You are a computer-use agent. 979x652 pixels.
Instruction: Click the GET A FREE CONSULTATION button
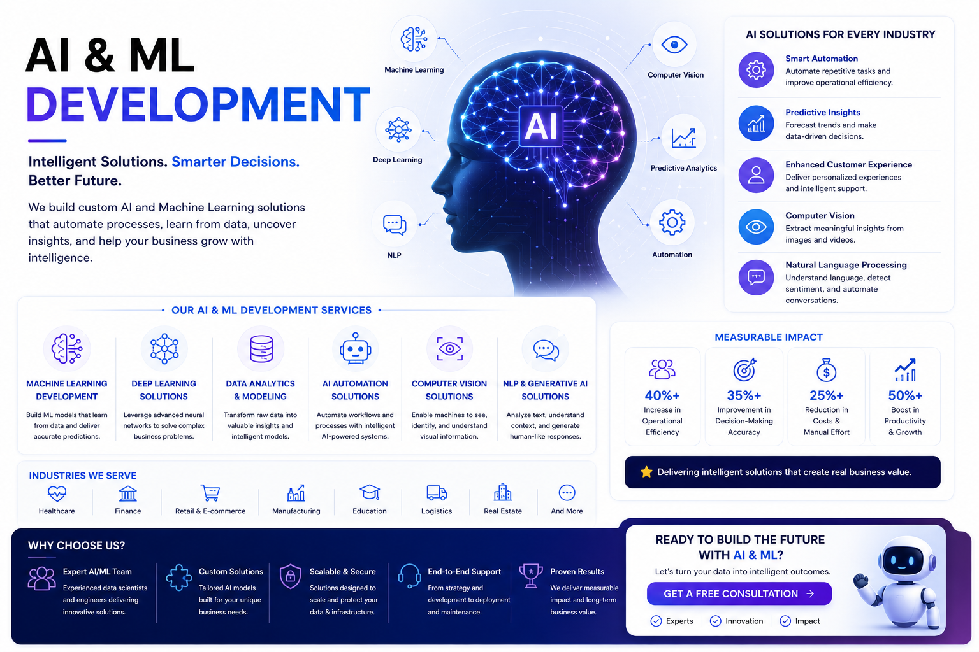click(x=739, y=593)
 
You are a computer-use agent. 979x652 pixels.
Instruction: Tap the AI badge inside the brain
click(x=540, y=126)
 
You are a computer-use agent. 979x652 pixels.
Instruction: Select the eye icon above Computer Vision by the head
click(x=674, y=45)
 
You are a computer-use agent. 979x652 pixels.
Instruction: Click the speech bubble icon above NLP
click(x=395, y=225)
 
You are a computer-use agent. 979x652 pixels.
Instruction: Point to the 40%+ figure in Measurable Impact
click(x=662, y=395)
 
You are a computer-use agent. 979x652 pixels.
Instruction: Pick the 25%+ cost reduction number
click(x=827, y=395)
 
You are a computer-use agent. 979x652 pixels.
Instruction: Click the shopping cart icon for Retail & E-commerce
click(x=210, y=493)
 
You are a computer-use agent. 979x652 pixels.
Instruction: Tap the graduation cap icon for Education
click(x=370, y=493)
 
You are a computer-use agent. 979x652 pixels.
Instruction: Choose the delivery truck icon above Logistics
click(x=437, y=493)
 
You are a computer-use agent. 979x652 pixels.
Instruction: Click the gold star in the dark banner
click(x=646, y=472)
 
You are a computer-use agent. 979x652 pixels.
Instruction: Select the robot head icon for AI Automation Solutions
click(x=355, y=348)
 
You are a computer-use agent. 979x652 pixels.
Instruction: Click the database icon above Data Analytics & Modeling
click(x=261, y=348)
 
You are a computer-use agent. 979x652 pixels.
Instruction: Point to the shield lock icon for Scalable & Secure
click(x=291, y=576)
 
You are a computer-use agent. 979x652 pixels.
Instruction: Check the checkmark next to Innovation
click(x=716, y=621)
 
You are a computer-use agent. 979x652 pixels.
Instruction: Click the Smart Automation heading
click(x=821, y=59)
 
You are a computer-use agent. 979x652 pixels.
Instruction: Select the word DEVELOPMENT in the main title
click(x=198, y=105)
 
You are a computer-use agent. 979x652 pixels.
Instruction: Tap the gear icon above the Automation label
click(x=672, y=223)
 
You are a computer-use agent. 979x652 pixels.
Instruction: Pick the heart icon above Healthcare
click(x=57, y=493)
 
